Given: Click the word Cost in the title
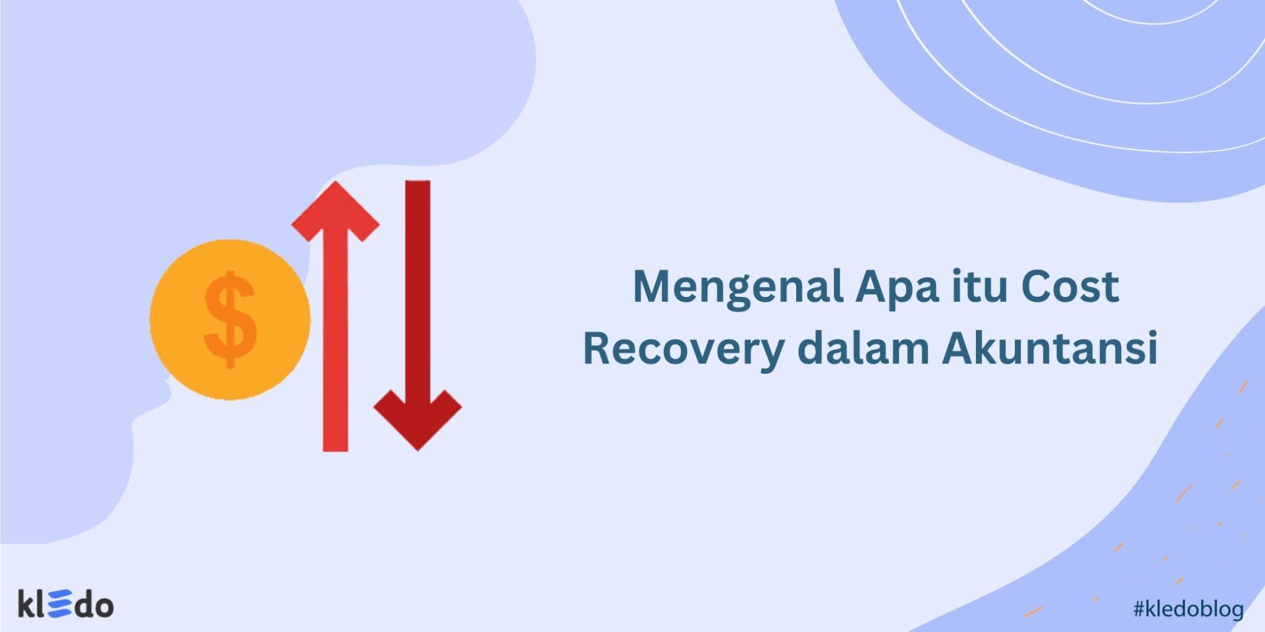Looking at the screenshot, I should click(x=1070, y=287).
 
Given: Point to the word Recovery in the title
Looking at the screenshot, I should click(x=683, y=349).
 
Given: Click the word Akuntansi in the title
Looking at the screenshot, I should click(x=1049, y=349).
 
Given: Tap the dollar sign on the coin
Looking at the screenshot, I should click(x=230, y=320).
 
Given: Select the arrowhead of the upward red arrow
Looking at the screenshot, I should click(x=335, y=210).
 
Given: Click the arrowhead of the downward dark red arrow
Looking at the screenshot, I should click(x=418, y=417).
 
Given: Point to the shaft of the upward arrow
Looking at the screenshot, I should click(x=335, y=346).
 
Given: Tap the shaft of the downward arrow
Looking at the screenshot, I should click(x=418, y=278).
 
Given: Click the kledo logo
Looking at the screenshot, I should click(x=65, y=604).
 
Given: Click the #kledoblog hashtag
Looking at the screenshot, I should click(x=1188, y=610).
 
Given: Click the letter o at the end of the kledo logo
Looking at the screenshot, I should click(x=103, y=607).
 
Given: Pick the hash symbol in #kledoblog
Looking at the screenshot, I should click(x=1139, y=610).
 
